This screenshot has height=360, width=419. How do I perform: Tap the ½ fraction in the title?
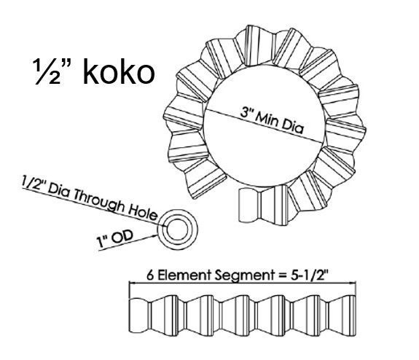click(x=46, y=72)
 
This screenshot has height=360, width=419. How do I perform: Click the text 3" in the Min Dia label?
click(x=246, y=111)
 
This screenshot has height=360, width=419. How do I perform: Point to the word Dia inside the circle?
click(x=293, y=128)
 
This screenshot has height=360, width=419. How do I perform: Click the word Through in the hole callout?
click(x=98, y=200)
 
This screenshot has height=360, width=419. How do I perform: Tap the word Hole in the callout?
click(x=142, y=213)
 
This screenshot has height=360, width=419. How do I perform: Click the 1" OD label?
click(x=114, y=238)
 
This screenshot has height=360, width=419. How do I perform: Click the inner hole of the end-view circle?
click(x=177, y=230)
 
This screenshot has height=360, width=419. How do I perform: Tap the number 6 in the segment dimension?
click(x=150, y=275)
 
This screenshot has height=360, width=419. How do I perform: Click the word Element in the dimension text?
click(x=184, y=275)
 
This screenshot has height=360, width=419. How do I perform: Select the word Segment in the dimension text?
click(x=245, y=275)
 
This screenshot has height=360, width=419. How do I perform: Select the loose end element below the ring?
click(x=249, y=206)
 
